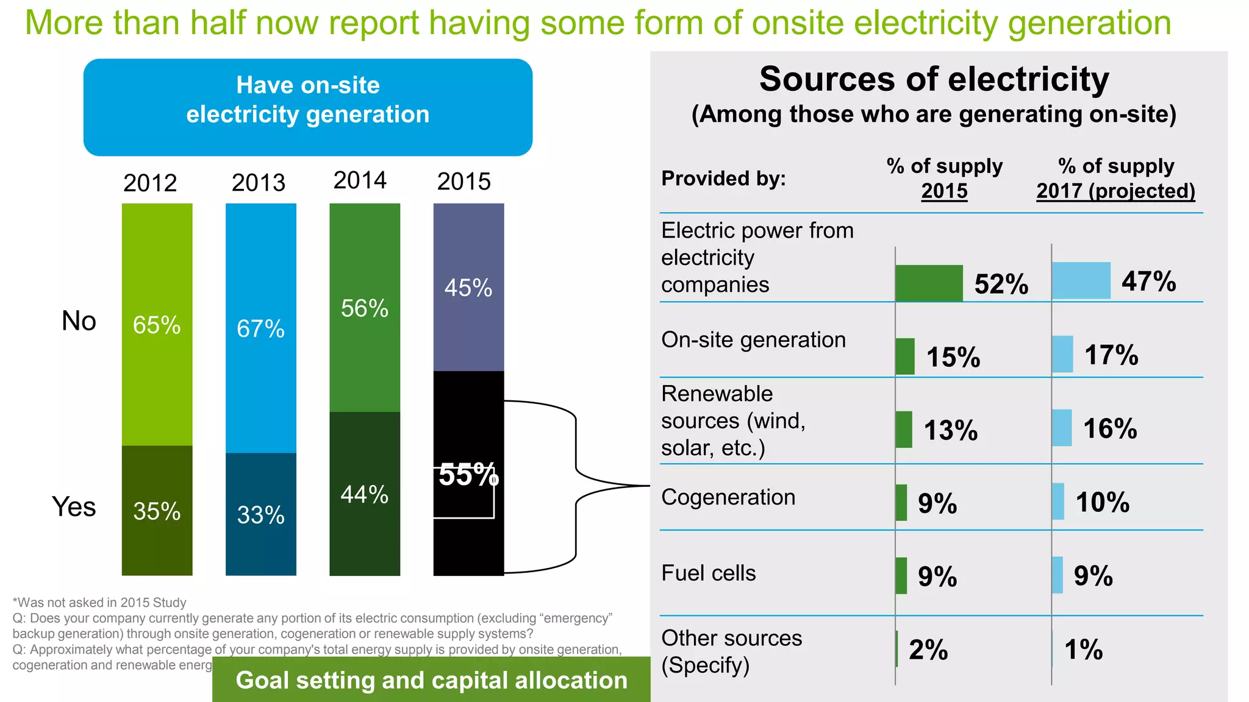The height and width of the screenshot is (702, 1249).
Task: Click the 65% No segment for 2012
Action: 157,324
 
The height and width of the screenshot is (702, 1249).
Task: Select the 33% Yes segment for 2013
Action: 260,514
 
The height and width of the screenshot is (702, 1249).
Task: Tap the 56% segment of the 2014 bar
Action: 365,308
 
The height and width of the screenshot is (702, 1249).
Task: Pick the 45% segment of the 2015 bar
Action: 468,287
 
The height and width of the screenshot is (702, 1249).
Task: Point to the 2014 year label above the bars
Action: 360,180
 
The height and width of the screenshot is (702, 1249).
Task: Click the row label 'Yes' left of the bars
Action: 74,507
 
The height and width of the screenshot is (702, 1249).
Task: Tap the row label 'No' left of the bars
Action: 79,321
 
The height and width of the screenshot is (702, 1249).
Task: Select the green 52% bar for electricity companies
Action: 929,283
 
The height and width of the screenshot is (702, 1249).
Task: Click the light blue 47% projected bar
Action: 1081,280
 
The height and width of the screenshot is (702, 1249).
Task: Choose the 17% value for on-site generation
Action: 1111,355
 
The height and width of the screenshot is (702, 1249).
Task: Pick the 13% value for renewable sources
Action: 951,430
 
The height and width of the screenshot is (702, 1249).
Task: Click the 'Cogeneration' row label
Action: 728,497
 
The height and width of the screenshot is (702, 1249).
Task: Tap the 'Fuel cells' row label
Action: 709,573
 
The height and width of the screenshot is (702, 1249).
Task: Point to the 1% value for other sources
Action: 1083,650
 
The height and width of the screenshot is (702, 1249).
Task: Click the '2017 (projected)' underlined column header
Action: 1115,191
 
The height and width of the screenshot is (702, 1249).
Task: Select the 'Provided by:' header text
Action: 723,179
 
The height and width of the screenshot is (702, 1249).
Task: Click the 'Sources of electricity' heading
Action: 934,79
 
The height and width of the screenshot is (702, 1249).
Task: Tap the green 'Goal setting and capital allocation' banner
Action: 431,680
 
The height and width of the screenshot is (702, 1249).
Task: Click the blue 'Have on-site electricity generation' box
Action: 308,107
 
